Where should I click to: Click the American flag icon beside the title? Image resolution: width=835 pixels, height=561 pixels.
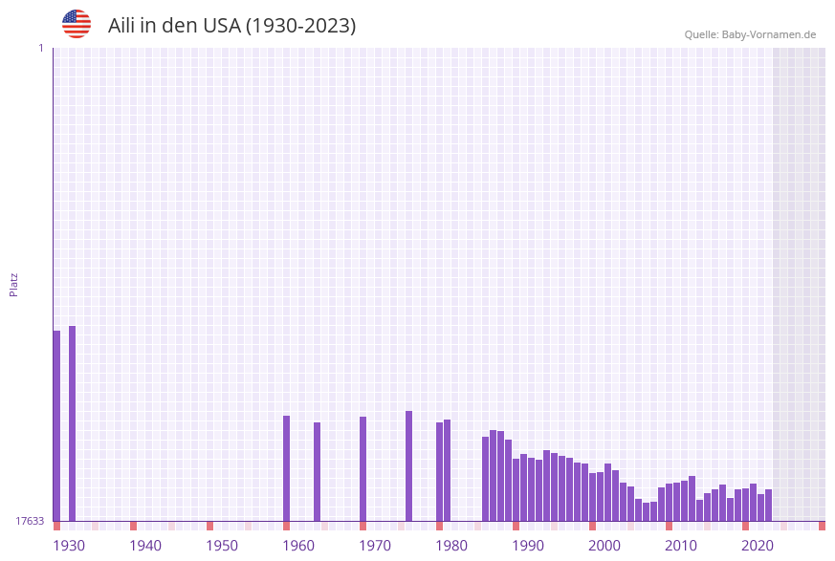coord(77,24)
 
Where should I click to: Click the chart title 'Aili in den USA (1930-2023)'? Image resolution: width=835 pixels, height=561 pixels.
coord(231,26)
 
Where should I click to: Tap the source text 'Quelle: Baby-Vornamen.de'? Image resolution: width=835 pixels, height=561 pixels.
coord(750,34)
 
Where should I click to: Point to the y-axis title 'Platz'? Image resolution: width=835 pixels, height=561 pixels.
coord(14,284)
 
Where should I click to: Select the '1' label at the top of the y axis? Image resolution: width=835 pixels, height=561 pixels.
coord(41,48)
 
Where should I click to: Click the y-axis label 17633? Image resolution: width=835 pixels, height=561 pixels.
coord(30,521)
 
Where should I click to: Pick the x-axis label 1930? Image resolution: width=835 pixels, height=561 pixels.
coord(69,546)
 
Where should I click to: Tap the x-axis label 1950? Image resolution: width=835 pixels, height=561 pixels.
coord(222,546)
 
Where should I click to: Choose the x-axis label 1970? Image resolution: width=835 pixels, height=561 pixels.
coord(375,546)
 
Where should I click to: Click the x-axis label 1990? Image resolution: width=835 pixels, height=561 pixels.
coord(528,546)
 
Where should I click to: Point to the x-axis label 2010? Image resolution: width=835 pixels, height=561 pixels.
coord(681,546)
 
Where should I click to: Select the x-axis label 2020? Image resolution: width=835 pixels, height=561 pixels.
coord(758,546)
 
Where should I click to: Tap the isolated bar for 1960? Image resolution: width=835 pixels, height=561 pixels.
coord(286,468)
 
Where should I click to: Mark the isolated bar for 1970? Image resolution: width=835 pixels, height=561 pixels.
coord(363,468)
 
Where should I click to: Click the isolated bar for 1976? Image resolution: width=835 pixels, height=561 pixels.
coord(408,465)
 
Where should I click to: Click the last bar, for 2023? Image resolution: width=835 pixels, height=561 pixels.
coord(768,505)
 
